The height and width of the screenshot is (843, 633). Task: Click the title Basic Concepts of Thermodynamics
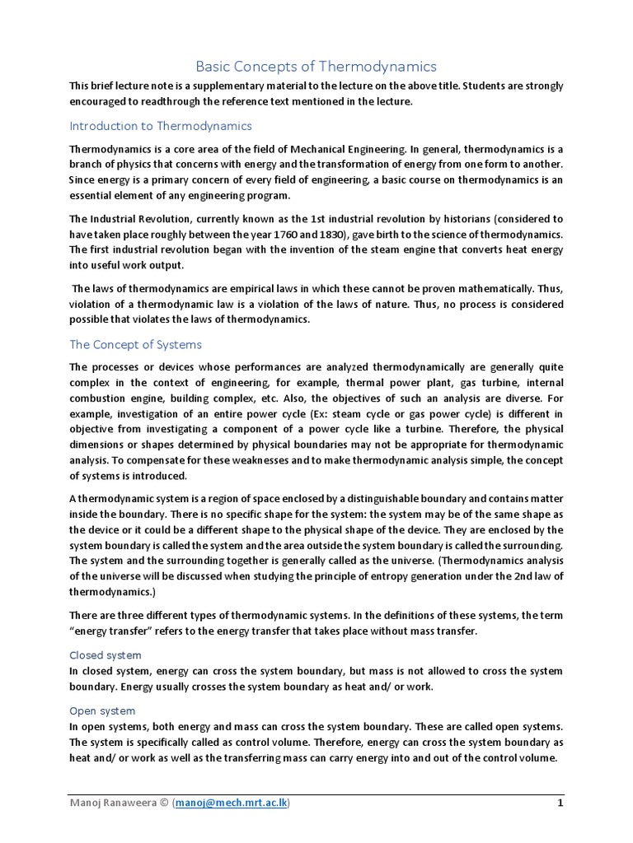point(316,66)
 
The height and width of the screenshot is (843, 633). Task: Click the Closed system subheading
point(105,655)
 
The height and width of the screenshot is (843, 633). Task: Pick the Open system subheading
point(103,710)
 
